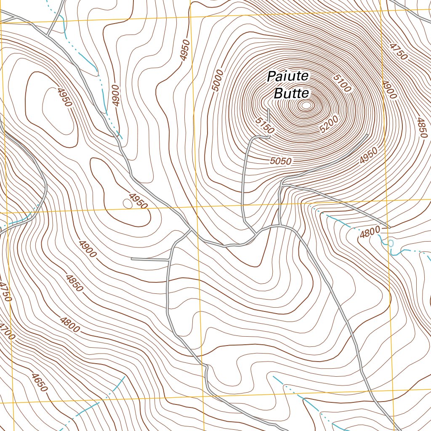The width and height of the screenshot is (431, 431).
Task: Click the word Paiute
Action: (x=288, y=77)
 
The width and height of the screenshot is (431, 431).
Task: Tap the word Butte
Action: (x=291, y=93)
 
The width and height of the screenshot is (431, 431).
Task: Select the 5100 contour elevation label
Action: (x=341, y=83)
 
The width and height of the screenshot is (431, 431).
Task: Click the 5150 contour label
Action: (x=265, y=126)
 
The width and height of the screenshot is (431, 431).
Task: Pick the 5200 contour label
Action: (x=329, y=125)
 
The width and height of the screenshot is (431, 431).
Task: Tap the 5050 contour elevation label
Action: (x=281, y=160)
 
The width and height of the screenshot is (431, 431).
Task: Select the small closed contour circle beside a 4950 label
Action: (x=127, y=204)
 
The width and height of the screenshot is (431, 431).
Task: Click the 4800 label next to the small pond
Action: (x=370, y=232)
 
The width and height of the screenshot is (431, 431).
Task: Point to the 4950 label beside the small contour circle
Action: (x=138, y=201)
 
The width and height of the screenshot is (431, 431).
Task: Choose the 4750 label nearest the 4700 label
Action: (x=5, y=291)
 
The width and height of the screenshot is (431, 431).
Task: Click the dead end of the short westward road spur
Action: (x=132, y=259)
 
